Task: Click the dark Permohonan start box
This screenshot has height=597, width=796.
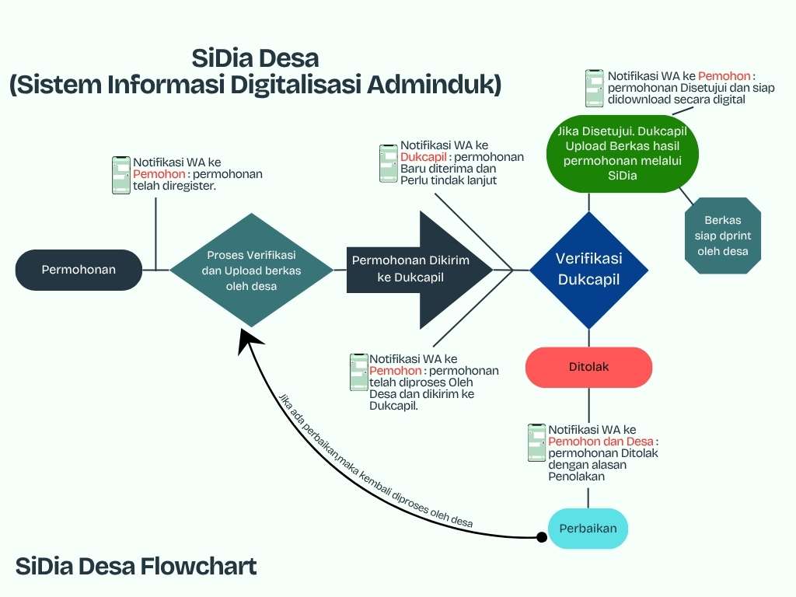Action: point(79,270)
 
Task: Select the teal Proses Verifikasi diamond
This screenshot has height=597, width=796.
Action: point(252,270)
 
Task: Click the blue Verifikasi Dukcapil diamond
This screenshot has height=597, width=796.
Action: point(588,270)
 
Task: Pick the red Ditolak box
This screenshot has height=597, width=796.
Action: point(588,367)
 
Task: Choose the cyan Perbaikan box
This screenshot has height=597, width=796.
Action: point(588,529)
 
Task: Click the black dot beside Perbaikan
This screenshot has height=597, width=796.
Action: point(542,536)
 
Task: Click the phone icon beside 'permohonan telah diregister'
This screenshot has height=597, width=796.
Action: point(121,175)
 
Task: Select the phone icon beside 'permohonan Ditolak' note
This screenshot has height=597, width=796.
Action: point(536,443)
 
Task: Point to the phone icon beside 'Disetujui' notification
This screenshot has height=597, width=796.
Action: point(595,88)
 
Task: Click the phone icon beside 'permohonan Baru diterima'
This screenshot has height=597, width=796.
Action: point(389,163)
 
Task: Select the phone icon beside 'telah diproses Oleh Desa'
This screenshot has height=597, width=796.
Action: point(358,372)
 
